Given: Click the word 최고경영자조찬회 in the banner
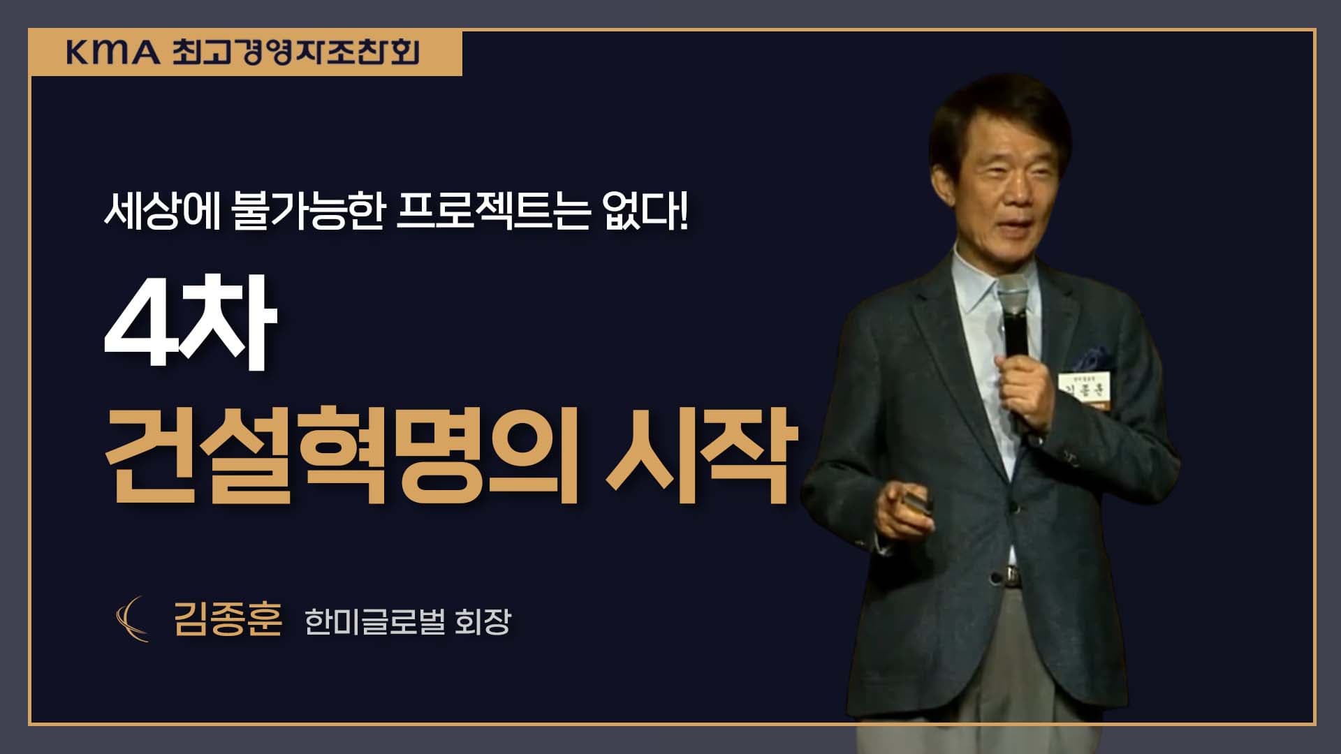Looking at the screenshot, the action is pyautogui.click(x=295, y=52).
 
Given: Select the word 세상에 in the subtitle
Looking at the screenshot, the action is pyautogui.click(x=163, y=212).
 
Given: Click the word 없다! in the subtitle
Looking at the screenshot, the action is pyautogui.click(x=645, y=212).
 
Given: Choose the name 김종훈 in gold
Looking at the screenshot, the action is pyautogui.click(x=228, y=619).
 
